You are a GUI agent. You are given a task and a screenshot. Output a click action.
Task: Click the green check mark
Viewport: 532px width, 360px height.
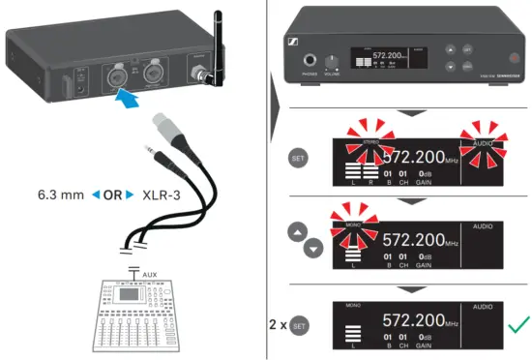pos(518,325)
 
